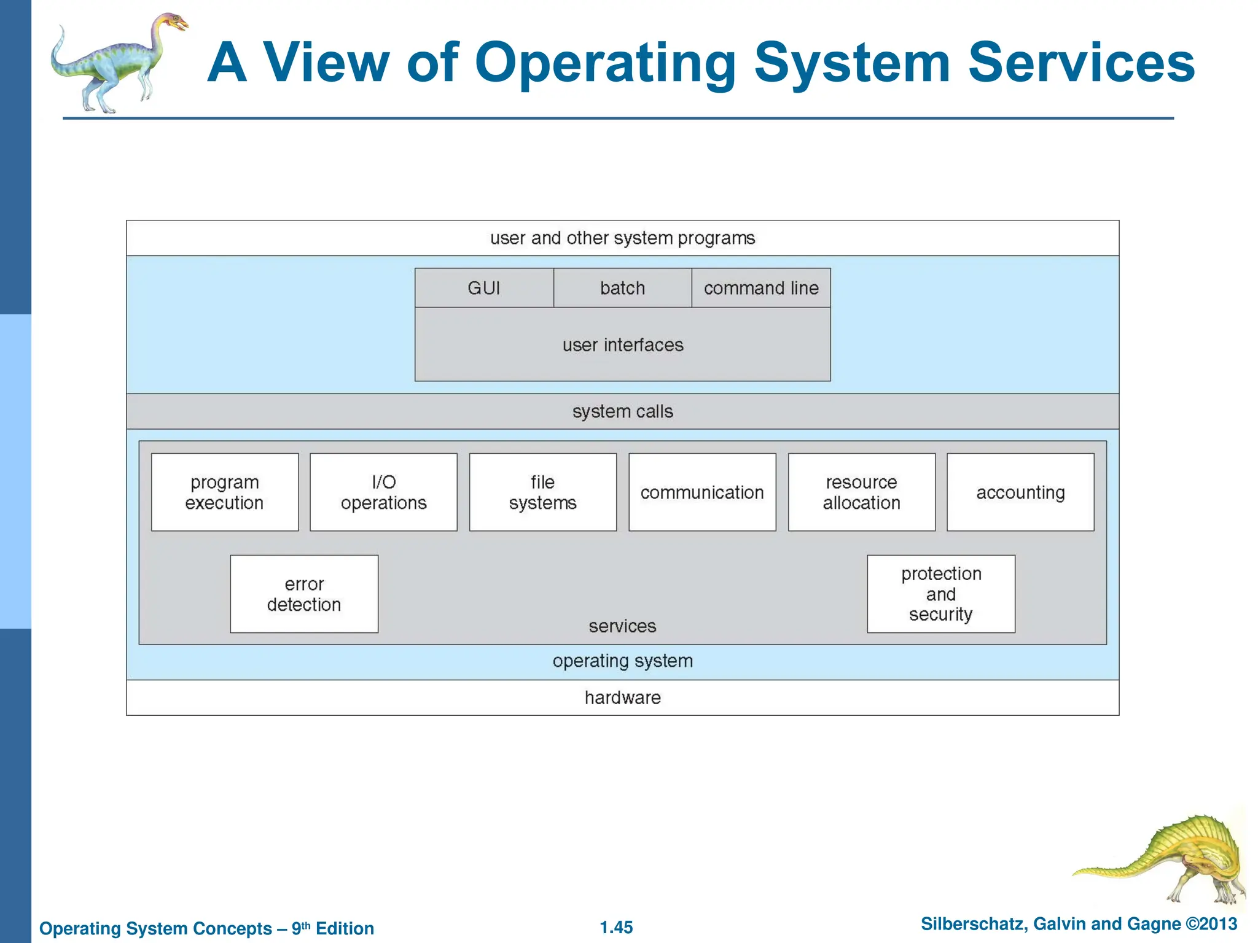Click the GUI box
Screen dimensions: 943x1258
484,288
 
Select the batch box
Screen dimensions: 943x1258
622,288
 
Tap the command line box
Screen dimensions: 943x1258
761,288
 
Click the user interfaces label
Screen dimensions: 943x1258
623,345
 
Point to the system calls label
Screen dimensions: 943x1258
623,411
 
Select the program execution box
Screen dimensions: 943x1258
225,492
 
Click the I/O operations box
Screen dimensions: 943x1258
383,492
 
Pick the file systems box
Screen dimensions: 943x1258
543,492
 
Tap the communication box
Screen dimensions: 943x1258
702,492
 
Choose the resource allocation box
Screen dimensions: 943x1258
861,492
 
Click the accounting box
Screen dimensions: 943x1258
1020,492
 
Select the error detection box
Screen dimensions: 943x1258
304,594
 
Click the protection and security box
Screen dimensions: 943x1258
941,594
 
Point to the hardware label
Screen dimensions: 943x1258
623,698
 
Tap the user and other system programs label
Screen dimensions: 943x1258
623,238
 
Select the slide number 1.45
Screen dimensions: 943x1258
616,927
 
